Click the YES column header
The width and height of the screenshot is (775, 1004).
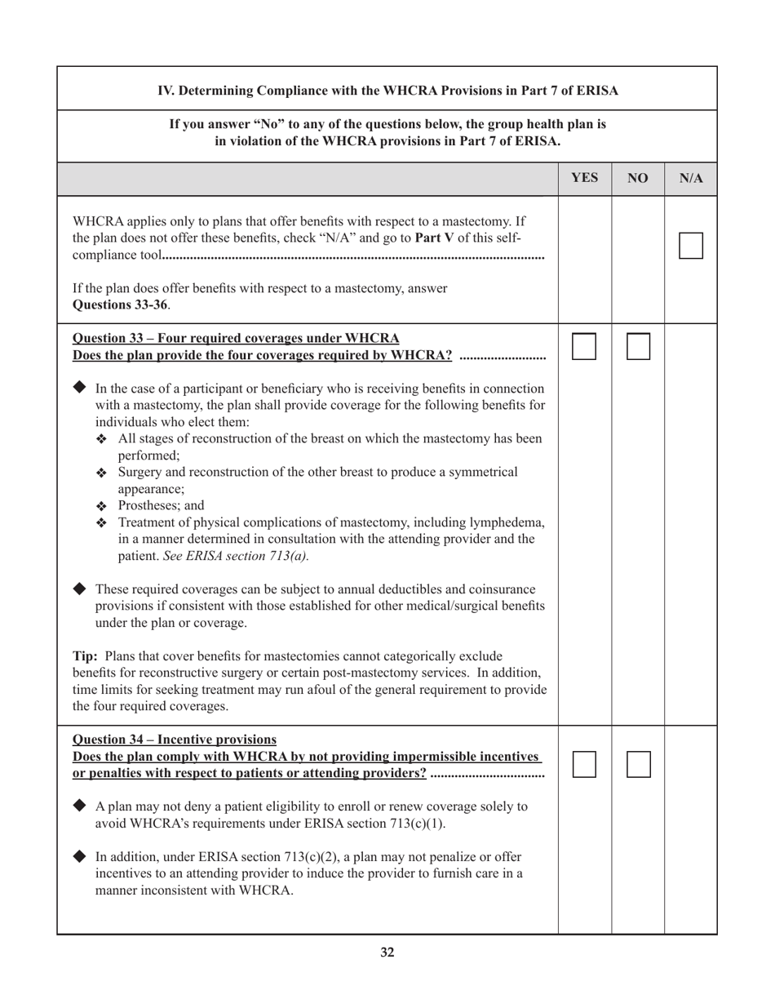585,178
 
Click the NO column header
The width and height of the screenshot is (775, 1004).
638,178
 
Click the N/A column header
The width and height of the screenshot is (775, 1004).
691,178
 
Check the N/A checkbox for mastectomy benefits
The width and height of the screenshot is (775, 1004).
691,245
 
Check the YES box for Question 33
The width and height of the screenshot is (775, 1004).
585,346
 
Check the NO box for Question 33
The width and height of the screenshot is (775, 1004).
638,346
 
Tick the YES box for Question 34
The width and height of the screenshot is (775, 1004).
585,764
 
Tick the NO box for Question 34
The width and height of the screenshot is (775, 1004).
638,764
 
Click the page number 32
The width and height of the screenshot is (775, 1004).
387,952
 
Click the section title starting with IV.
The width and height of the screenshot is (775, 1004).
387,90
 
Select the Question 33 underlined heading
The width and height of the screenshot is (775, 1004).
236,338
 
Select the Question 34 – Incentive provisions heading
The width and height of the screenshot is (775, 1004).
175,740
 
